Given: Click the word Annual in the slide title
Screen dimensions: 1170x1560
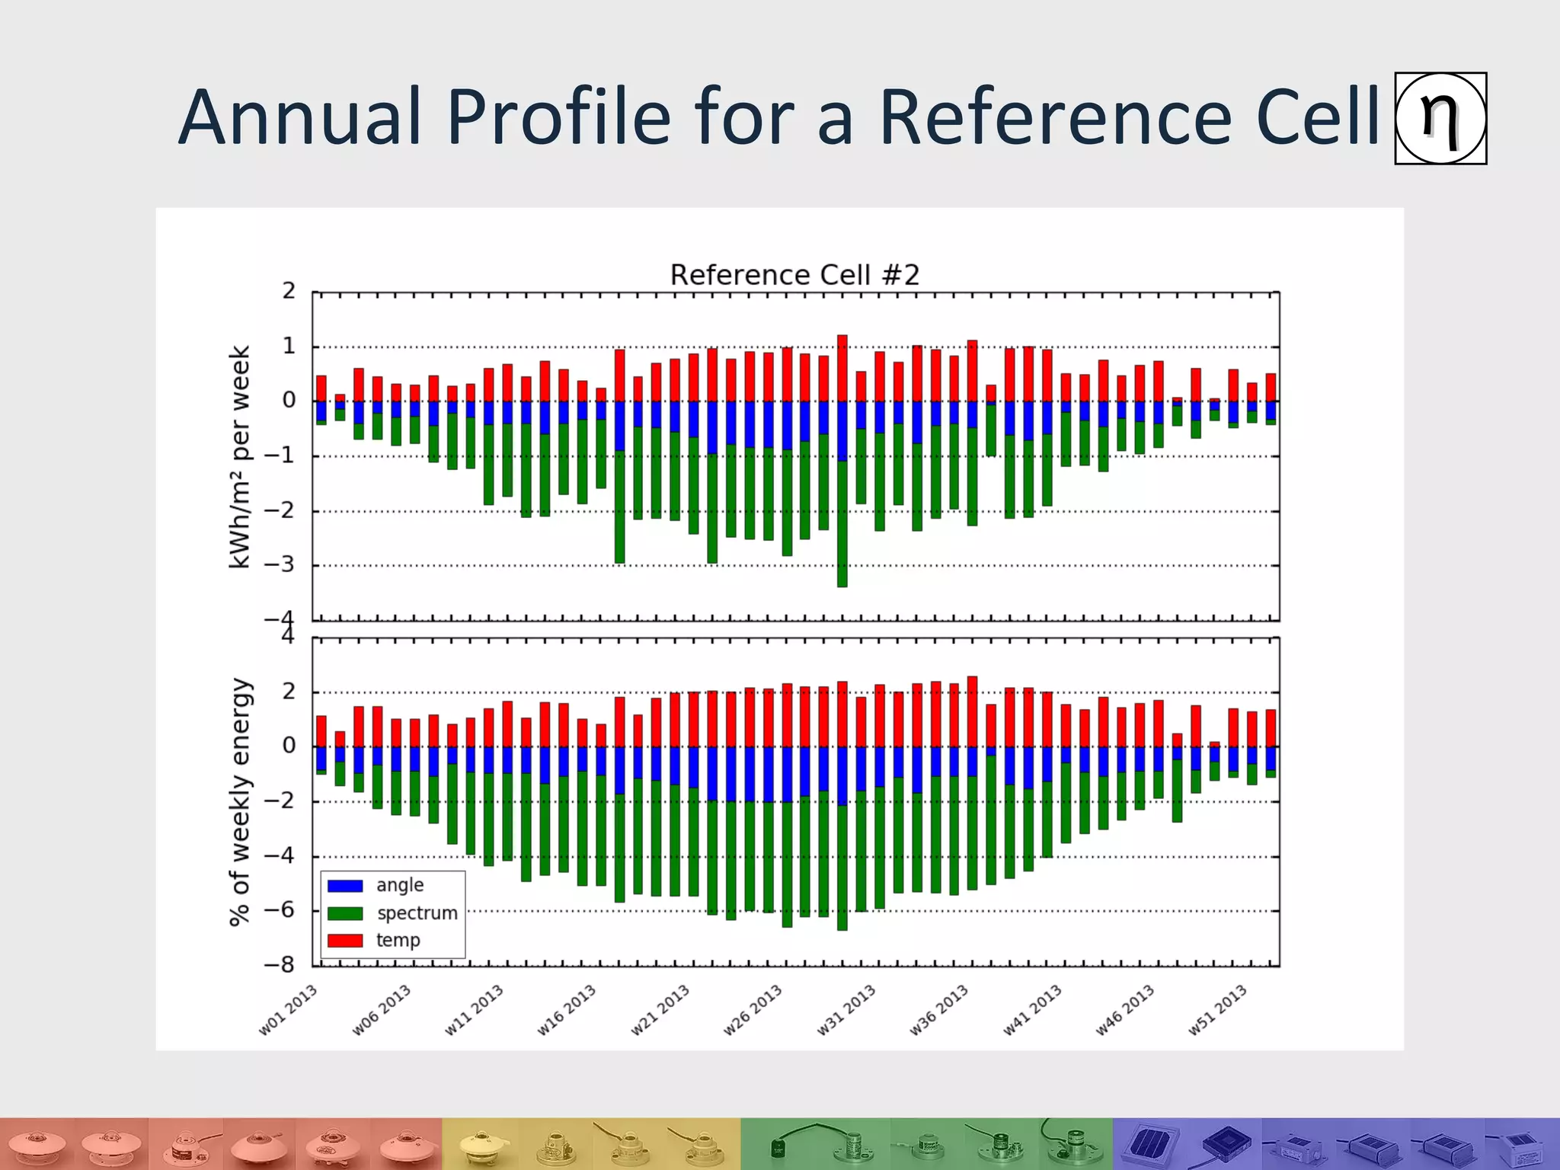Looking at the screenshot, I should [300, 117].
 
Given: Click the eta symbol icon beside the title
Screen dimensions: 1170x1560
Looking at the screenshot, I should [1440, 119].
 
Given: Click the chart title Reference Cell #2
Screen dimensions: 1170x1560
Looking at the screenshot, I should [794, 275].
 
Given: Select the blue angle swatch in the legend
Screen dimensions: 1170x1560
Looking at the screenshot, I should [344, 886].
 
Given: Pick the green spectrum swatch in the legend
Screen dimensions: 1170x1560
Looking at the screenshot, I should [344, 913].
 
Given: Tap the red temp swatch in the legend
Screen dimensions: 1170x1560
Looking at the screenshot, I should [344, 941].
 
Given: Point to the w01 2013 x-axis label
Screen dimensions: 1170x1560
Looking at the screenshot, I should [288, 1010].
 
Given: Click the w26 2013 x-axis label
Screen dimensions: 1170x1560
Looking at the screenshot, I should [753, 1010].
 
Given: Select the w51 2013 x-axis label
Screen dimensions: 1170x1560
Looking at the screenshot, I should [1218, 1010].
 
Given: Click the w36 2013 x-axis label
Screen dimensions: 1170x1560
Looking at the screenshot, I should [939, 1010].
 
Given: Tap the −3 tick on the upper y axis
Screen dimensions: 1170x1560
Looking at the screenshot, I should [279, 565].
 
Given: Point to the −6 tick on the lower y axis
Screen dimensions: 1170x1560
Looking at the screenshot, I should [279, 910].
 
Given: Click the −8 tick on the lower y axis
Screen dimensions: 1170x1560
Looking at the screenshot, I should [279, 965].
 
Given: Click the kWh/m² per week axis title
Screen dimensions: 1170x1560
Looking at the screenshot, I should [240, 457].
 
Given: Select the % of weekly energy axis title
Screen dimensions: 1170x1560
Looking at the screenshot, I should [240, 801].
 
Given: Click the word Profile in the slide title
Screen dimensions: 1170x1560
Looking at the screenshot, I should [558, 117].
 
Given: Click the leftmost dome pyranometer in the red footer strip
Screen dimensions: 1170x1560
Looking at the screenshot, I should [37, 1144].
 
